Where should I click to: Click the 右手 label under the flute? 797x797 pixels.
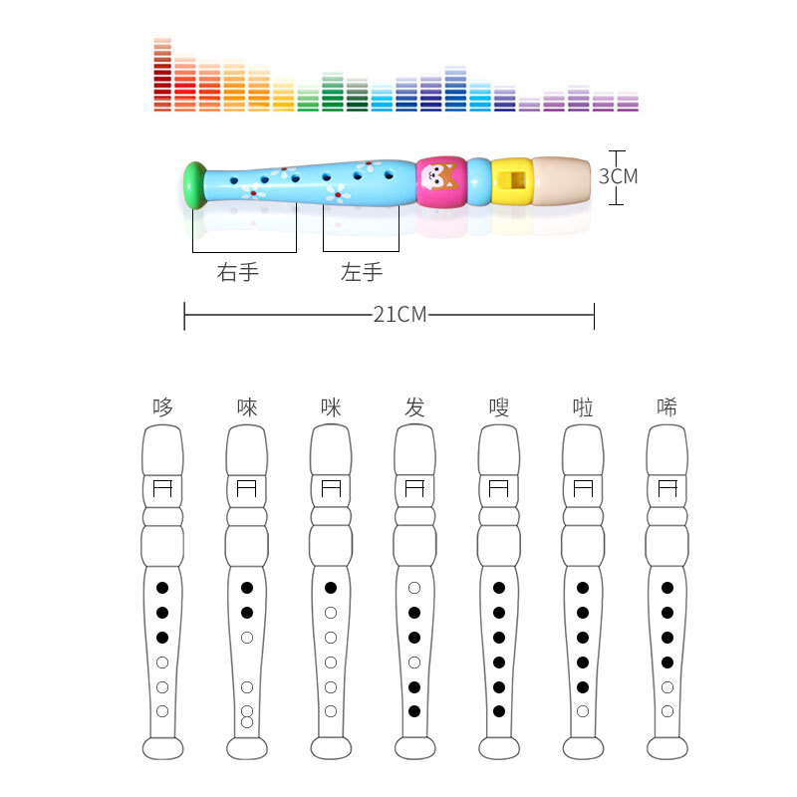[x=238, y=272]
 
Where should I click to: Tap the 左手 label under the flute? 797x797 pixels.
[x=362, y=272]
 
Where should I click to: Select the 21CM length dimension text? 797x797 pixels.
[x=399, y=315]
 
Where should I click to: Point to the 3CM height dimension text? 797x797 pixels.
[x=618, y=176]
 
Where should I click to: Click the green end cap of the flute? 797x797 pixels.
[x=194, y=184]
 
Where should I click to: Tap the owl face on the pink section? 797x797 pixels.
[x=438, y=180]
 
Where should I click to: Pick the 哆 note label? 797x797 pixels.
[x=162, y=406]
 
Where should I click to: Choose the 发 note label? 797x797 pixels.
[x=414, y=406]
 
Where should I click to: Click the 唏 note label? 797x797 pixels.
[x=666, y=406]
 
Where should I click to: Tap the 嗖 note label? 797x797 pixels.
[x=498, y=406]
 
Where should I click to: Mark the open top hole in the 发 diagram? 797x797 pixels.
[x=414, y=588]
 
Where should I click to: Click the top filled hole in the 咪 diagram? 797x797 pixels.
[x=331, y=588]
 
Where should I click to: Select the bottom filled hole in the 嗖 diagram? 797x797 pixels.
[x=499, y=711]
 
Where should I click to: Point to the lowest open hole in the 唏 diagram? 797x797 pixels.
[x=667, y=711]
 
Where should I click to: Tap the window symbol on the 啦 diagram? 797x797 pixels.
[x=583, y=488]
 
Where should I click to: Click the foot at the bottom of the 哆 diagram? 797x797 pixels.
[x=162, y=748]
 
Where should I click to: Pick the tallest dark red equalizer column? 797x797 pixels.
[x=162, y=75]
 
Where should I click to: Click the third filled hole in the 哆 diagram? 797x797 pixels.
[x=162, y=638]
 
